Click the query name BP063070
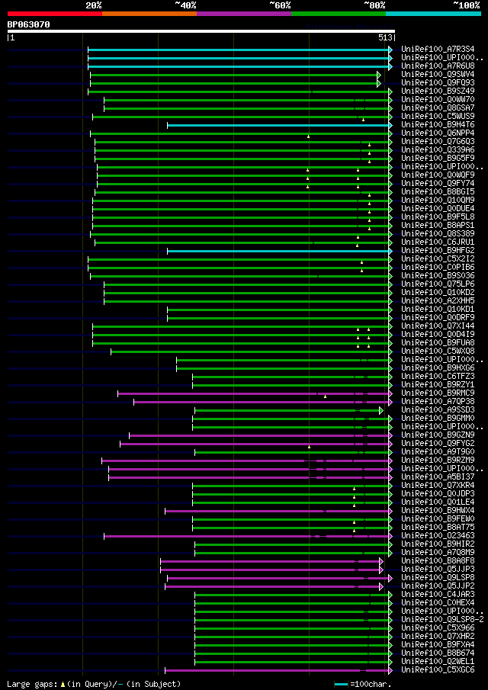[x=29, y=24]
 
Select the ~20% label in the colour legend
[x=94, y=5]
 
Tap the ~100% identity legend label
[x=466, y=5]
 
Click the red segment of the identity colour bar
[x=54, y=13]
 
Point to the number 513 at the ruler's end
[x=384, y=37]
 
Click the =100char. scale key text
[x=371, y=684]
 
